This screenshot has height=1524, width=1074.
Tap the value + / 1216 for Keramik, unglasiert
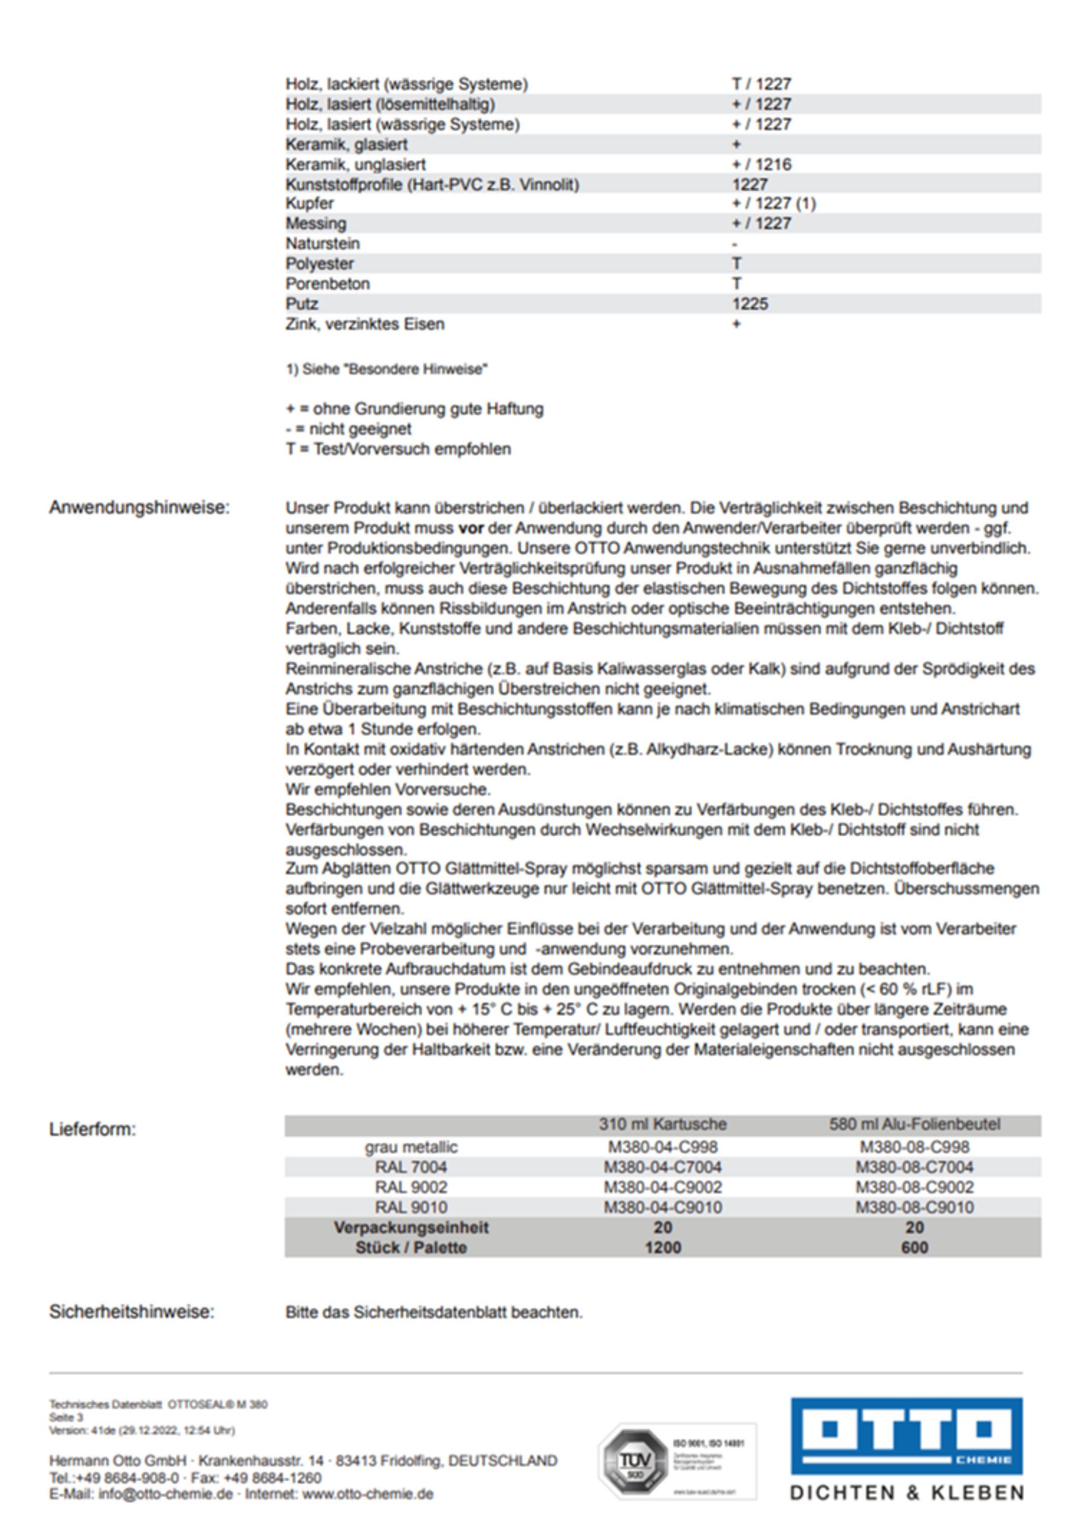click(762, 164)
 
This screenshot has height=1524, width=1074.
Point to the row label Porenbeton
click(327, 283)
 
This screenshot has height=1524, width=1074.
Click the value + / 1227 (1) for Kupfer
click(773, 203)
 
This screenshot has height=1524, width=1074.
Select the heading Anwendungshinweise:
click(139, 508)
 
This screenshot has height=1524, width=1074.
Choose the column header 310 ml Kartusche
click(662, 1124)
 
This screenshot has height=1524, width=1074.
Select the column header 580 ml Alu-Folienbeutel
click(914, 1124)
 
